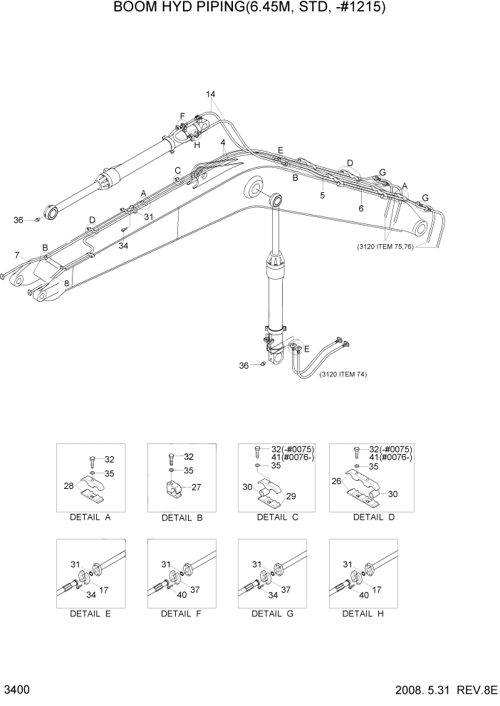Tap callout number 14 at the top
[211, 95]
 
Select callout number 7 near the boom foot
[16, 254]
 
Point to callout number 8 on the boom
[67, 283]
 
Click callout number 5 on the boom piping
[322, 194]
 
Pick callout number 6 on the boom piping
[360, 209]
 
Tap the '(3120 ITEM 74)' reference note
[343, 374]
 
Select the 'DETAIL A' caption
[89, 517]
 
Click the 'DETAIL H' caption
[363, 613]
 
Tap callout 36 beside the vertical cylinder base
[244, 366]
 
